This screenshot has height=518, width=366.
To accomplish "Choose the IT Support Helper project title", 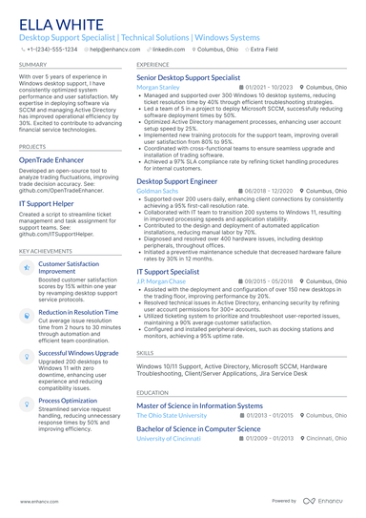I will pos(49,204).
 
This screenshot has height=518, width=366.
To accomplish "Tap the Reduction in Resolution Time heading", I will pos(78,312).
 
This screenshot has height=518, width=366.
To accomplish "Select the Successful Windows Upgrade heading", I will pos(78,352).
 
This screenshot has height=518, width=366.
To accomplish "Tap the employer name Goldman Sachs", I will pos(157,191).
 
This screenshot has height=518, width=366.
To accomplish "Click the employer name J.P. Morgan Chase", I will pos(160,281).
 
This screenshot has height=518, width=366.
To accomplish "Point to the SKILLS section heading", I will pos(145,352).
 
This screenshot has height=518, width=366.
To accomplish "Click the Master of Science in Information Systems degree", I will pos(199,405).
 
